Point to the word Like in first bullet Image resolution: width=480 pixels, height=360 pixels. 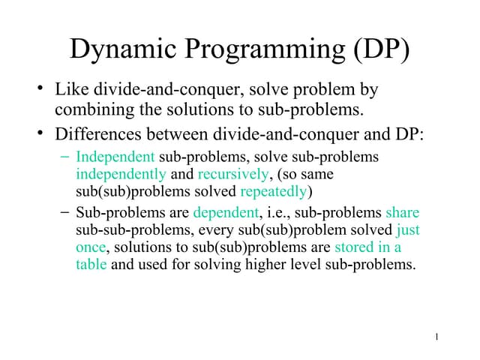(x=70, y=90)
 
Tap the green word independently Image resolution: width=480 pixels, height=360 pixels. (x=121, y=174)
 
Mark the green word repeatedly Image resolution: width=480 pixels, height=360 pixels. (x=274, y=190)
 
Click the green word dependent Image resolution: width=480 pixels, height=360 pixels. (x=224, y=213)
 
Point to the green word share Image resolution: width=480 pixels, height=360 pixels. (x=402, y=213)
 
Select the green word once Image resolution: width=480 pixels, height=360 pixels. (x=91, y=247)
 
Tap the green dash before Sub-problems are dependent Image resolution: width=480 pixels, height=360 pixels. (x=64, y=213)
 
